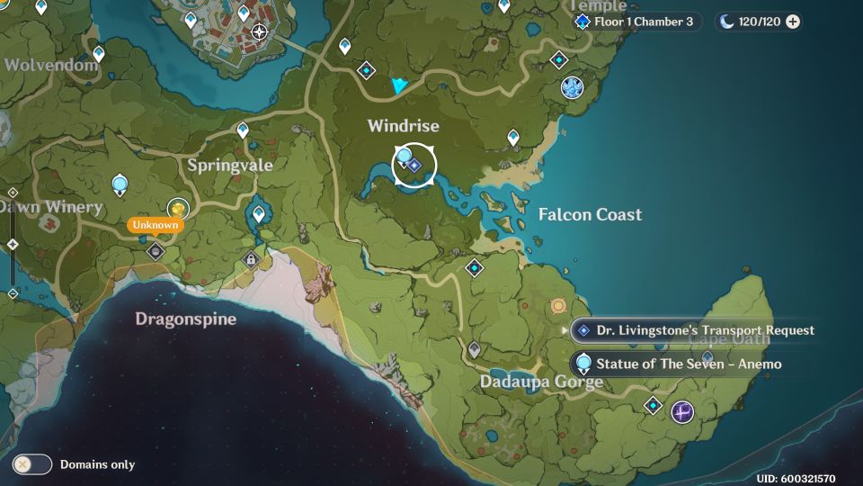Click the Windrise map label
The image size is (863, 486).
(x=403, y=126)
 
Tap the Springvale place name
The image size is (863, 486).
(x=230, y=166)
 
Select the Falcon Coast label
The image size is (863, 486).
(x=590, y=214)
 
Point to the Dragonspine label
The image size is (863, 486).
(x=186, y=319)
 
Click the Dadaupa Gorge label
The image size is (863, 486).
(x=541, y=382)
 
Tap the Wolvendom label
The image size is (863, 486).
(x=50, y=65)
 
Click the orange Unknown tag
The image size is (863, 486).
(x=156, y=225)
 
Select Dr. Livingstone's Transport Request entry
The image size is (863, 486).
(x=694, y=330)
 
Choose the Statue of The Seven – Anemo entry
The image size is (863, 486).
(x=678, y=364)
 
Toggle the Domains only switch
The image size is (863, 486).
(x=33, y=464)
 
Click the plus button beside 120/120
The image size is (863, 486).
(x=793, y=22)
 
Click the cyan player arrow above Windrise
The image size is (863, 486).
(x=399, y=85)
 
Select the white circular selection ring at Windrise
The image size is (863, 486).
(x=414, y=165)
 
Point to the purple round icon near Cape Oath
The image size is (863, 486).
(x=682, y=412)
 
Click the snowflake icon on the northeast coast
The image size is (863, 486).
(x=572, y=87)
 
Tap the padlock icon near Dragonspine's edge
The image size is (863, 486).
(x=251, y=260)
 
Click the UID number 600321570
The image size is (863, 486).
(x=796, y=479)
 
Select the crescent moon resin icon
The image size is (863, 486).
(x=727, y=22)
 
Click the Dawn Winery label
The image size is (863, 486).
(x=51, y=207)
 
